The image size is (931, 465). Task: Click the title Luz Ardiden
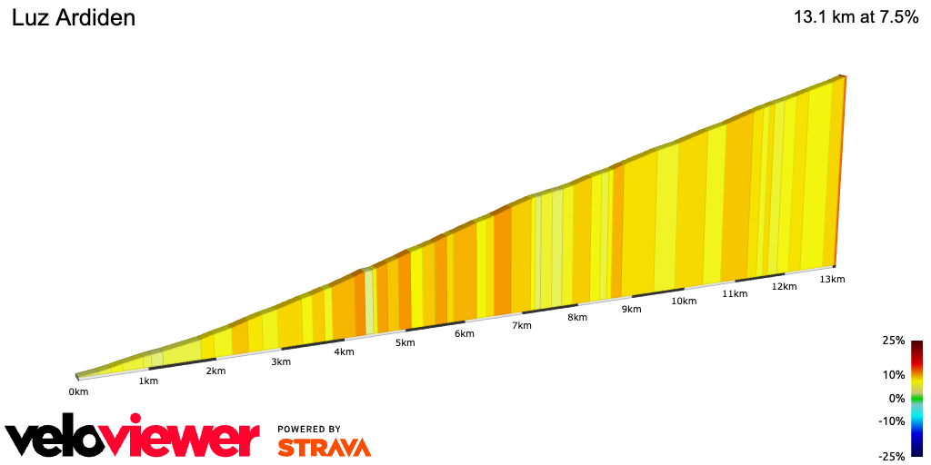pos(74,17)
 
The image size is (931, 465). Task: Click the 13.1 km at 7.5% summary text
pos(856,17)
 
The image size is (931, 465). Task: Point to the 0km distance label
pos(78,392)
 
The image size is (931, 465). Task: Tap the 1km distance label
pos(148,381)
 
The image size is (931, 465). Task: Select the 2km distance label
pos(215,371)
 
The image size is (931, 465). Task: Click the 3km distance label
pos(281,361)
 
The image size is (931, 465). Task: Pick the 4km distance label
pos(344,351)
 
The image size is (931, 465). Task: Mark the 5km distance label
pos(405,342)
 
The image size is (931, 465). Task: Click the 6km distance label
pos(465,333)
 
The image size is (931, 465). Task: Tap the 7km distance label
pos(522,325)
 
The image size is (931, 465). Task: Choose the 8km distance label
pos(577,317)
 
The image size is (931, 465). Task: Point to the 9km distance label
pos(632,309)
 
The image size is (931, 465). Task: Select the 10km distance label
pos(684,301)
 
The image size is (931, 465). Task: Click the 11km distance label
pos(735,293)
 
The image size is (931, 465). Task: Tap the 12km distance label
pos(784,286)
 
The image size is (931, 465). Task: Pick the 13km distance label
pos(832,279)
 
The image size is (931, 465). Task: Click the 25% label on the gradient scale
pos(893,341)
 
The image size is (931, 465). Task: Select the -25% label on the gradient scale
pos(891,456)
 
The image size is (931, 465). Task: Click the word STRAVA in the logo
pos(324,447)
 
